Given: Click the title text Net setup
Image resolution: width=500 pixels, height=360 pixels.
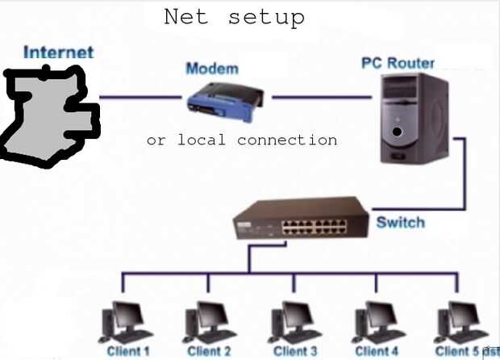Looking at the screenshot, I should tap(234, 17).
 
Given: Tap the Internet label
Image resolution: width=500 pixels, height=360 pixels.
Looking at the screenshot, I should tap(58, 53).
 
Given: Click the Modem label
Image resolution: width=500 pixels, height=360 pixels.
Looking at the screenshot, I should tap(212, 69).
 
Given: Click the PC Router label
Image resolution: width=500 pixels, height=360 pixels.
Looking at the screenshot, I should tap(398, 63).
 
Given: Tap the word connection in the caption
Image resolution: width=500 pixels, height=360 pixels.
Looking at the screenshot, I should tap(287, 140).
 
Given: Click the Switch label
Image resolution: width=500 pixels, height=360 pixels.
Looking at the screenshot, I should tap(400, 221).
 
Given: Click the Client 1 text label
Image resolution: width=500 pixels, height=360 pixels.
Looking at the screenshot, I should tap(128, 352).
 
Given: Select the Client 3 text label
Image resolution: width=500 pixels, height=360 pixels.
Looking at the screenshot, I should tap(295, 352).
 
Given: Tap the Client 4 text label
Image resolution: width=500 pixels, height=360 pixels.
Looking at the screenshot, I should tap(377, 352).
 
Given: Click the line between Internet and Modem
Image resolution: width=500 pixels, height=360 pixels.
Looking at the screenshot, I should tap(141, 98).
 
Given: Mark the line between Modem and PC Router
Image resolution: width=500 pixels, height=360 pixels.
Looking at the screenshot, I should tap(315, 98).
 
